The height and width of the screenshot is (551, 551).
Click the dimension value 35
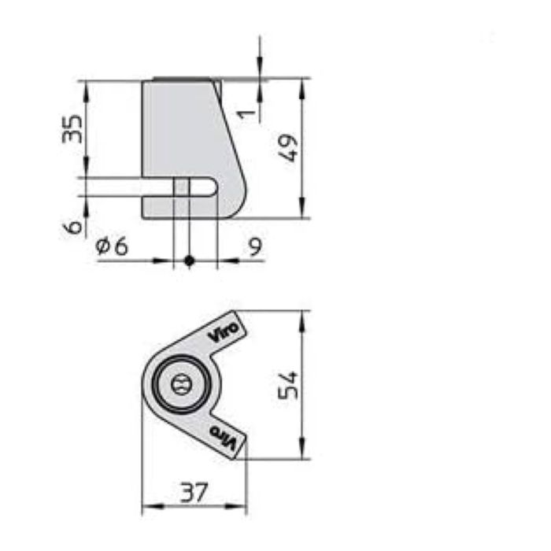click(72, 128)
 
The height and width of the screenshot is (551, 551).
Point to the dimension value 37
click(193, 493)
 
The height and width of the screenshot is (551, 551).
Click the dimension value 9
click(255, 246)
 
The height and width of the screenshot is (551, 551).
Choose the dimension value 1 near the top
click(247, 113)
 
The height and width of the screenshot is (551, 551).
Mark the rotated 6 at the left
click(73, 227)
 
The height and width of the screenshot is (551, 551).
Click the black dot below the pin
click(188, 261)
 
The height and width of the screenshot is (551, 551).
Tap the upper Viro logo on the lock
click(225, 330)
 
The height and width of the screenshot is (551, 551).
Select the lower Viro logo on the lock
click(225, 437)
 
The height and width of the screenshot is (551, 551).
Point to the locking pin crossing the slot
click(181, 187)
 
